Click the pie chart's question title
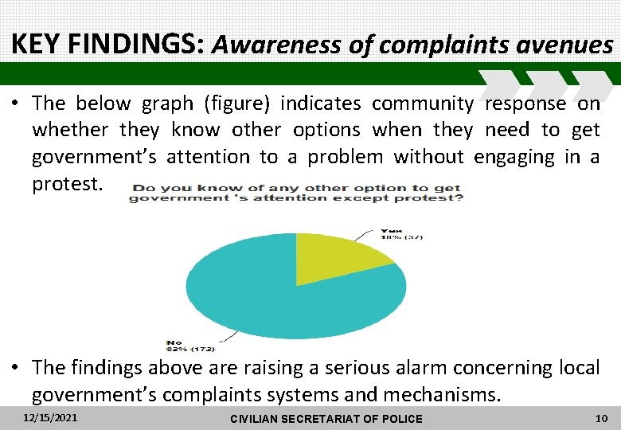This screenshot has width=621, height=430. pyautogui.click(x=296, y=193)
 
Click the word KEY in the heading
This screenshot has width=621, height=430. pyautogui.click(x=37, y=45)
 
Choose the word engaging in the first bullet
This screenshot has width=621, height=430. pyautogui.click(x=517, y=157)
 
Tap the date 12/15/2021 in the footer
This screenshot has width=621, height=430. pyautogui.click(x=51, y=417)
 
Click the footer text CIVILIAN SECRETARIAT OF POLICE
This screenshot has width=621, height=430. pyautogui.click(x=326, y=419)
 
